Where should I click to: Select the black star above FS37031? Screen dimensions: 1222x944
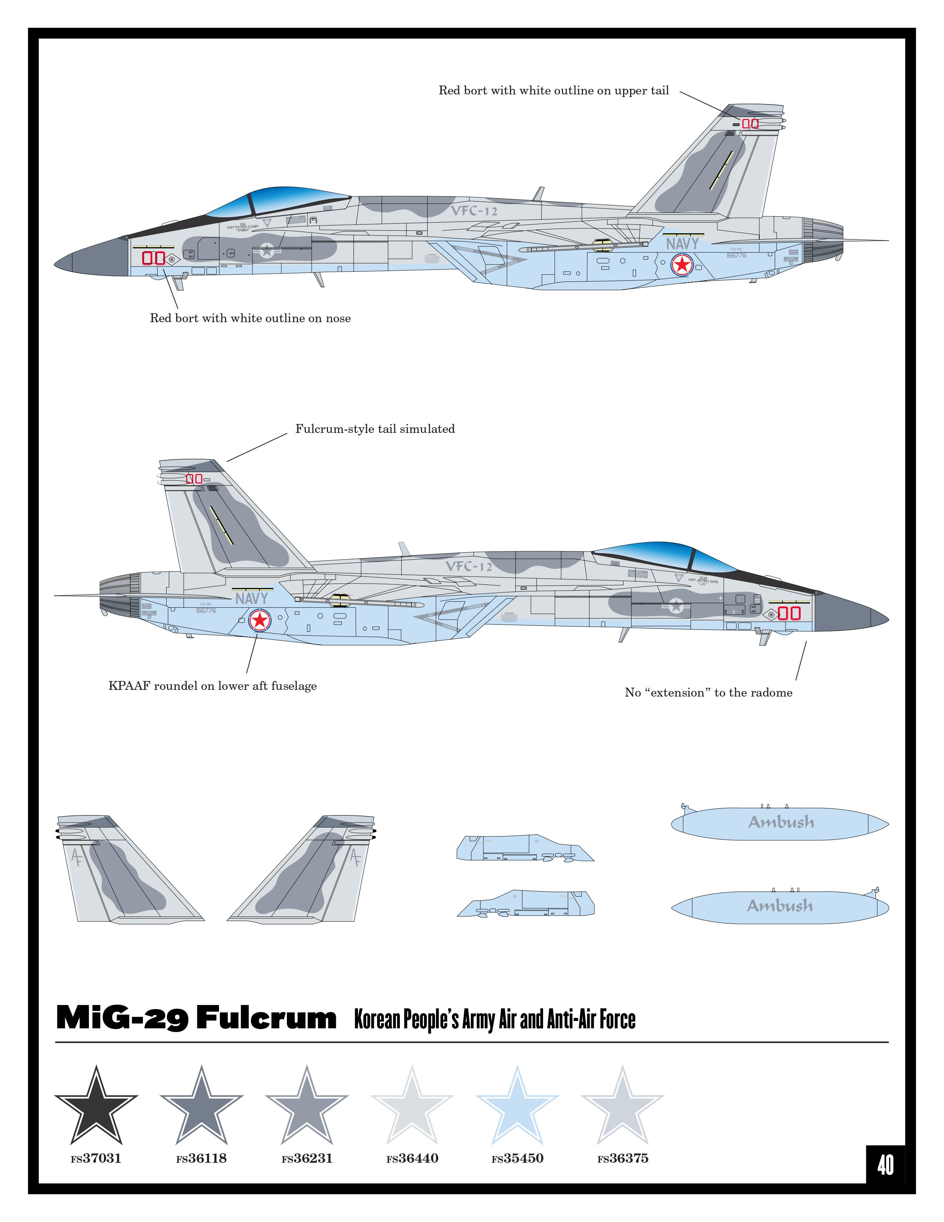tap(96, 1108)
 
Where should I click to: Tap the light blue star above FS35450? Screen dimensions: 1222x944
tap(517, 1108)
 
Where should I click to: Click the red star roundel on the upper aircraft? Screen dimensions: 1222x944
tap(682, 264)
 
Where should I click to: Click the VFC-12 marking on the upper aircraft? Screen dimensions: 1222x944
tap(474, 211)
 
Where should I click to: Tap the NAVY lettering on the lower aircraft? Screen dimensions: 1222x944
tap(252, 599)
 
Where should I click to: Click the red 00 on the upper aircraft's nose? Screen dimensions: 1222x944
tap(153, 258)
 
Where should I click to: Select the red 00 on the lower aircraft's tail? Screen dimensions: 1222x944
tap(194, 479)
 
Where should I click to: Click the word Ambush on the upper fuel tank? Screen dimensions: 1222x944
tap(781, 822)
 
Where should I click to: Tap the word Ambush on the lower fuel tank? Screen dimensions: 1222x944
tap(780, 906)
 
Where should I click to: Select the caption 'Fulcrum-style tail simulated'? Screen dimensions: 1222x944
tap(375, 429)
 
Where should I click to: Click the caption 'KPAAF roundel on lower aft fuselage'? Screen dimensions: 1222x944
tap(212, 686)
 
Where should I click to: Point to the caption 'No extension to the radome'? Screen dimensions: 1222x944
tap(709, 693)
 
